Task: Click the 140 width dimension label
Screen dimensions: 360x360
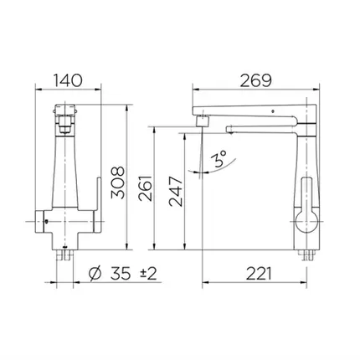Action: [x=68, y=80]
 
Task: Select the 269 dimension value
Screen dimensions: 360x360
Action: [x=256, y=80]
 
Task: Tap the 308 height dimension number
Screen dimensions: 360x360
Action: [x=117, y=183]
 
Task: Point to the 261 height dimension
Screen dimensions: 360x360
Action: [x=146, y=188]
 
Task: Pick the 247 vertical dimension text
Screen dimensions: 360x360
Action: [x=176, y=191]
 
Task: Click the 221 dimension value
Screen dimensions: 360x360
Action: [x=258, y=273]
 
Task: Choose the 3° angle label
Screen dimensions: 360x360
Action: [x=220, y=158]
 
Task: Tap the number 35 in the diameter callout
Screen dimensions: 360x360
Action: [x=121, y=273]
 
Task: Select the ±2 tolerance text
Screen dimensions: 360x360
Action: [x=148, y=273]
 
